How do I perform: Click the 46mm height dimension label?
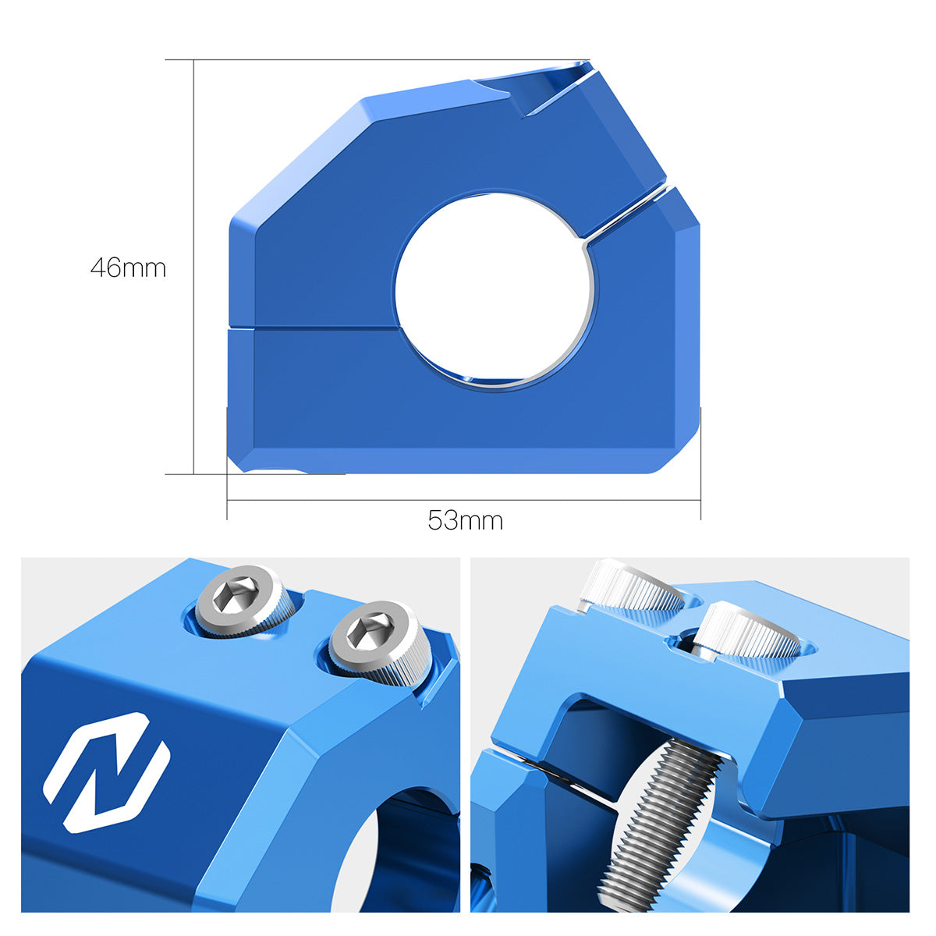(128, 268)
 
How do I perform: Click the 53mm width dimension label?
(465, 521)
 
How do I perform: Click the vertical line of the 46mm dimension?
(193, 267)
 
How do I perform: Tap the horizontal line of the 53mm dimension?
(464, 500)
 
